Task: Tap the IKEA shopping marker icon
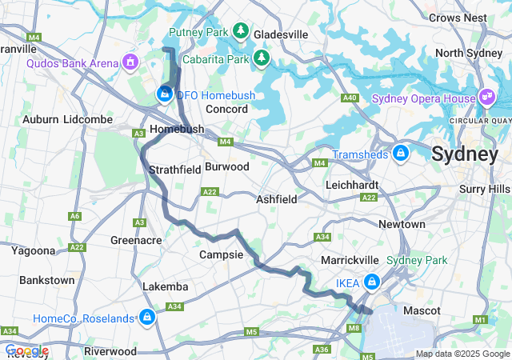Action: point(372,282)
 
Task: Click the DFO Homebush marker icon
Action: point(164,94)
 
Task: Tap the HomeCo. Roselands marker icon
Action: point(147,318)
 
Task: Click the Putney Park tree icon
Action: point(241,30)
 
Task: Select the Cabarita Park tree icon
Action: point(262,58)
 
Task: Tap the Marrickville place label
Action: point(349,261)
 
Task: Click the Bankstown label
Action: point(46,281)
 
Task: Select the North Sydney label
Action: point(469,54)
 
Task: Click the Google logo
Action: point(26,350)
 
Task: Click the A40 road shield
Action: point(349,98)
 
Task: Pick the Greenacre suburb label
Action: point(136,240)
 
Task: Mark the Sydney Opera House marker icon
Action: point(487,97)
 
